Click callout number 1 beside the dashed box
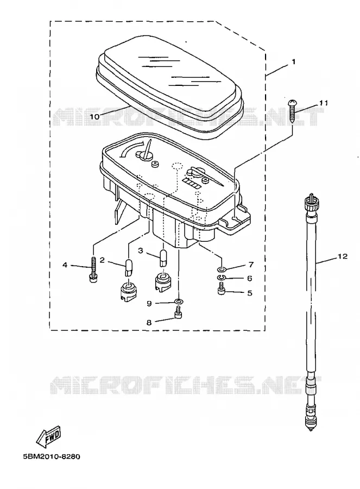(293, 62)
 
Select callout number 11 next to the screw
(323, 103)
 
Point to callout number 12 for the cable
(342, 256)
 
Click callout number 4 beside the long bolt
(65, 265)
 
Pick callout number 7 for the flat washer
(251, 265)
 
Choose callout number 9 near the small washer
(149, 303)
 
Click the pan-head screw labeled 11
(292, 111)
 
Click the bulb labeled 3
(163, 258)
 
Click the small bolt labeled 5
(222, 289)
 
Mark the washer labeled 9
(179, 301)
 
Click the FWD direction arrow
(49, 435)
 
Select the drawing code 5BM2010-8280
(52, 456)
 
